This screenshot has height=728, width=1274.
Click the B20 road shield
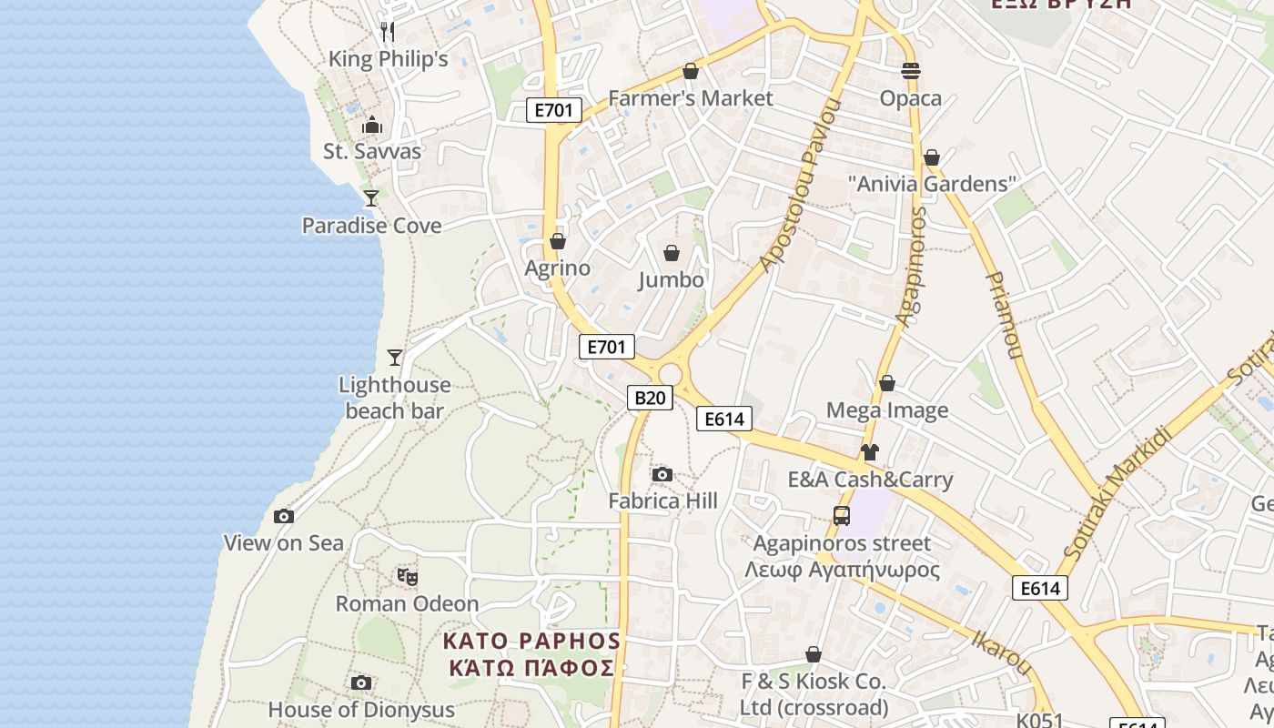650,398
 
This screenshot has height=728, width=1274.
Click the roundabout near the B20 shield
671,374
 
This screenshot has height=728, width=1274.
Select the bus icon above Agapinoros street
842,516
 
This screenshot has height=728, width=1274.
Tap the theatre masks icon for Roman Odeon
407,576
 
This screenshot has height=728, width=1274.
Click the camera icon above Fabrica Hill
662,474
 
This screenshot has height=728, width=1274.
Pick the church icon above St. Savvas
372,125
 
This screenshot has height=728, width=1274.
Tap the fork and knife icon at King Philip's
388,32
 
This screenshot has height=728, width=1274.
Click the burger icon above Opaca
910,70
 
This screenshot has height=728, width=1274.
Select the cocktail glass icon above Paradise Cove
371,197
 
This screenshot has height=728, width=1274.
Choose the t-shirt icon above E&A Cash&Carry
869,452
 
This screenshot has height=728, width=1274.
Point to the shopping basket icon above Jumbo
672,252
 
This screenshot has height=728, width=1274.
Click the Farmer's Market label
691,97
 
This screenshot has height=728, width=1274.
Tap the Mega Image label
886,410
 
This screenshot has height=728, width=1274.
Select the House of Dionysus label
360,709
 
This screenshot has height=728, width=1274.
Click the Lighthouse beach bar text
394,398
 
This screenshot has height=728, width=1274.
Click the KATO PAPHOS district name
531,654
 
